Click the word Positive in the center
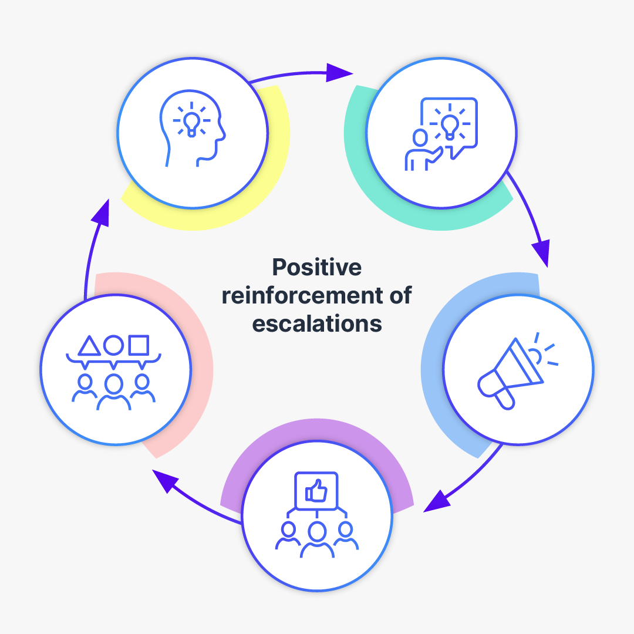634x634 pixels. point(317,268)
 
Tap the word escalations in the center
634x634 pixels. point(317,324)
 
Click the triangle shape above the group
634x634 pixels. point(89,346)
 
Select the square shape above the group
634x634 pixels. point(139,345)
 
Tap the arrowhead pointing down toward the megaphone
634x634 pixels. point(542,252)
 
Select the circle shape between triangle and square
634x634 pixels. point(113,345)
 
